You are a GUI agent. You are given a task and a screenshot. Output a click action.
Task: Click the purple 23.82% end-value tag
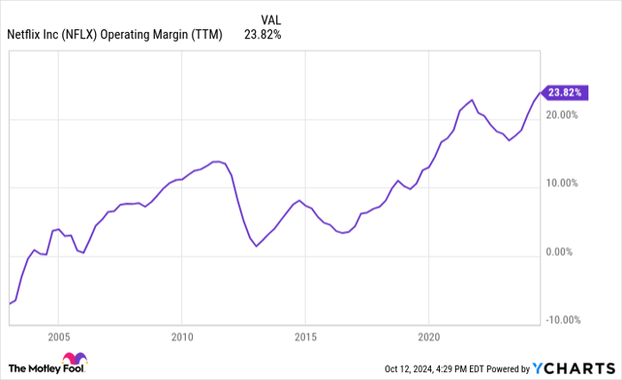point(565,91)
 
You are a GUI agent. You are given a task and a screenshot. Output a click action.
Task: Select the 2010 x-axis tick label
point(181,338)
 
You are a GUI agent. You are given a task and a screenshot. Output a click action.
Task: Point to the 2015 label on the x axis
point(305,338)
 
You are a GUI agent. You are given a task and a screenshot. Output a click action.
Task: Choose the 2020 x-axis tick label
point(428,338)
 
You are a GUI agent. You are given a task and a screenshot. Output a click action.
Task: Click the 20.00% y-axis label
point(562,115)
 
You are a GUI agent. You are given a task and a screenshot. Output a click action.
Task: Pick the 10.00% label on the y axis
point(562,184)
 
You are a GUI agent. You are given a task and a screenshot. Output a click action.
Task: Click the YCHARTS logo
point(575,368)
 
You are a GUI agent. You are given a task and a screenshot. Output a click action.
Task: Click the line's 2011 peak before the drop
point(217,162)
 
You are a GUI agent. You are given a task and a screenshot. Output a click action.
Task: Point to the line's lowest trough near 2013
point(257,245)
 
